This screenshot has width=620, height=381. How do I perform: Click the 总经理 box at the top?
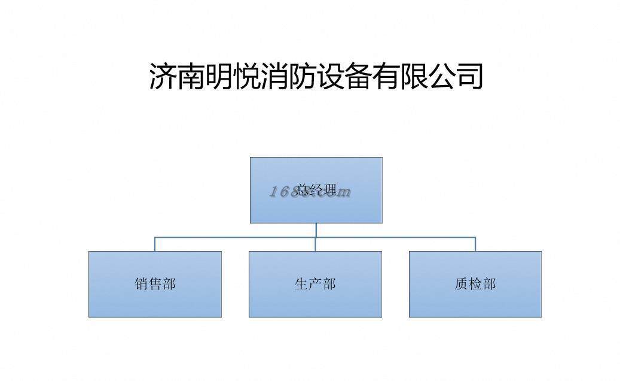[x=316, y=190]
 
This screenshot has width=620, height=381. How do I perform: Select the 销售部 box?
[x=155, y=284]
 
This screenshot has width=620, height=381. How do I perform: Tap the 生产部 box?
[x=315, y=284]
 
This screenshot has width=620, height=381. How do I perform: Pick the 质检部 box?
[x=475, y=284]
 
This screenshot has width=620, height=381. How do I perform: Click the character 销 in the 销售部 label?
[x=142, y=284]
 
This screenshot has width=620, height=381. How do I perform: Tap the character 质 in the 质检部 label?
[x=462, y=284]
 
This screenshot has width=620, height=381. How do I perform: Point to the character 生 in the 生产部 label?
[x=301, y=284]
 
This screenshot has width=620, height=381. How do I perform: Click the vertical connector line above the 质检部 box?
[x=475, y=244]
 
